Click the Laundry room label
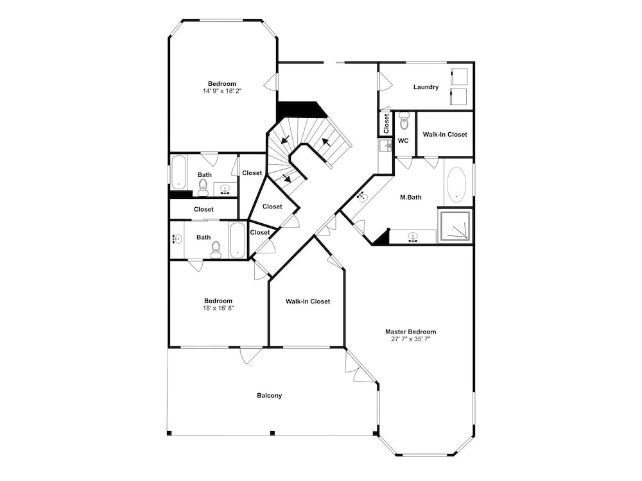[x=426, y=87]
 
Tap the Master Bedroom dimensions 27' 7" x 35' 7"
[x=411, y=339]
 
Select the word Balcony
[x=270, y=396]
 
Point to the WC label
[x=403, y=140]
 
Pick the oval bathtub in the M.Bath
[x=456, y=185]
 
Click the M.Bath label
[x=411, y=197]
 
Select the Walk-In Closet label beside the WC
[x=445, y=134]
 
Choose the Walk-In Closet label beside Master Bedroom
[x=308, y=301]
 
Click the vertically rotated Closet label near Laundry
[x=386, y=124]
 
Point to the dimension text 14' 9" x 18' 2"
[x=222, y=91]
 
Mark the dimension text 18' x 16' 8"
[x=218, y=308]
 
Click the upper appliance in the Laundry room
[x=458, y=77]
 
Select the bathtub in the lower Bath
[x=238, y=240]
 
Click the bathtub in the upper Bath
[x=178, y=172]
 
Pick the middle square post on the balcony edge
[x=272, y=433]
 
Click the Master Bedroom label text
[x=411, y=332]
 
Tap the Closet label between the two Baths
[x=204, y=210]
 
